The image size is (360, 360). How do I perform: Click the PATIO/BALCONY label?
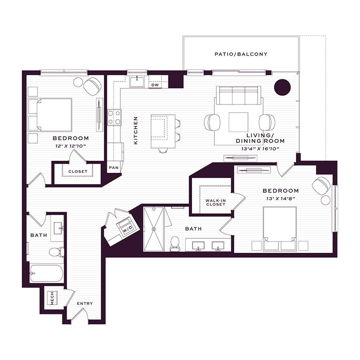[241, 54]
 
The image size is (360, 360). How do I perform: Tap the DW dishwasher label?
[155, 85]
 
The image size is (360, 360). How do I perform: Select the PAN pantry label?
[114, 168]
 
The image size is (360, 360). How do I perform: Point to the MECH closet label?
[52, 298]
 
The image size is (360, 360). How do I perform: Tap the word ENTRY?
[85, 304]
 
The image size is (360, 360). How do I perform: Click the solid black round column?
[282, 87]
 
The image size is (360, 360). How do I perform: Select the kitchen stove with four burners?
[114, 117]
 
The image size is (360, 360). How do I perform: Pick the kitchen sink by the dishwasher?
[137, 82]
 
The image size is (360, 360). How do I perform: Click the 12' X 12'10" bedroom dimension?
[70, 146]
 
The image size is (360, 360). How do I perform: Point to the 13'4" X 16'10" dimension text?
[260, 149]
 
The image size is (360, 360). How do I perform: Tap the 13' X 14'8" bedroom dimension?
[280, 198]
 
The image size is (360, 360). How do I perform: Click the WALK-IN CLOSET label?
[216, 202]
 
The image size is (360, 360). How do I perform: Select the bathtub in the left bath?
[47, 273]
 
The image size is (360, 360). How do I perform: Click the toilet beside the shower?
[175, 244]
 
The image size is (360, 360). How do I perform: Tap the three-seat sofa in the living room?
[238, 96]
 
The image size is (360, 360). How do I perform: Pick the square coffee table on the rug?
[238, 122]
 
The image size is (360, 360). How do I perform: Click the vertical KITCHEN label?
[136, 130]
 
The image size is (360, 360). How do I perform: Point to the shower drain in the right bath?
[154, 229]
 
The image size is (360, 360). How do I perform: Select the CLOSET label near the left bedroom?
[78, 172]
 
